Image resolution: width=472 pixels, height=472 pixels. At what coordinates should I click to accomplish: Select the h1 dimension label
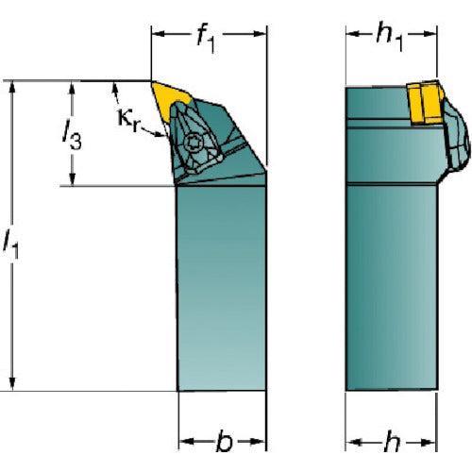point(390,37)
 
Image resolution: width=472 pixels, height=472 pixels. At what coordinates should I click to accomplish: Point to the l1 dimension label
point(11,244)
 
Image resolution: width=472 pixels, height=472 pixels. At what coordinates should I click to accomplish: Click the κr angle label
point(128,120)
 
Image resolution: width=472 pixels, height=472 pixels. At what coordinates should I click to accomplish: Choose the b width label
point(224,442)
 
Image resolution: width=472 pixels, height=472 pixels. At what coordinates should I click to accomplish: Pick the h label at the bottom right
point(392,442)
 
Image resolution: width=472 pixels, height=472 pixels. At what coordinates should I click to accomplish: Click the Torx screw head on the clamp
point(193,143)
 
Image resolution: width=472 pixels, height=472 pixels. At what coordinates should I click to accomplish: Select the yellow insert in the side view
point(425,102)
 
